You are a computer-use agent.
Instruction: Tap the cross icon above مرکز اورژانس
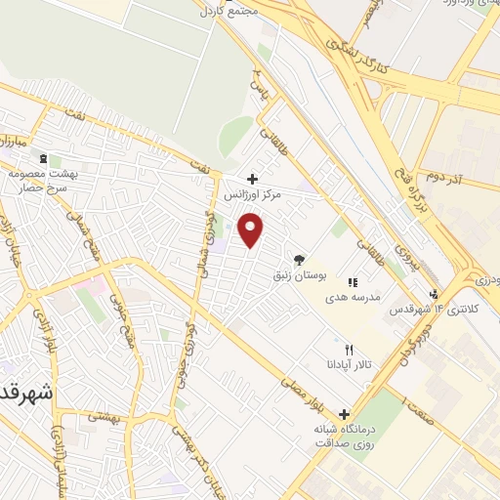point(253,179)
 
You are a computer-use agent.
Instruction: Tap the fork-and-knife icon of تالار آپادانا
point(349,350)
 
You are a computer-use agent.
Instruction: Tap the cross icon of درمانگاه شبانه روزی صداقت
point(343,413)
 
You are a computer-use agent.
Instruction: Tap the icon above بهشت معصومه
point(43,157)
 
